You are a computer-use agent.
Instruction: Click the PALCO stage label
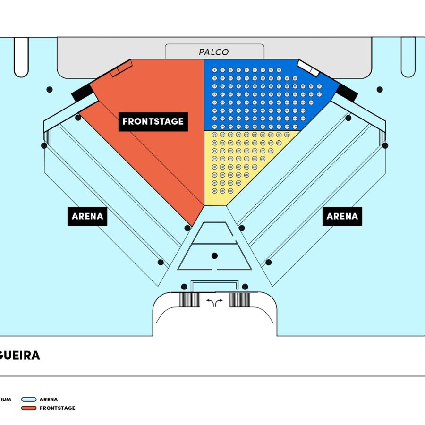[214, 52]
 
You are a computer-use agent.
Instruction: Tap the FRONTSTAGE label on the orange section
[153, 121]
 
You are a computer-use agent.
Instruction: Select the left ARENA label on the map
[87, 216]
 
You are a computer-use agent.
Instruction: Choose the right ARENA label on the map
[342, 216]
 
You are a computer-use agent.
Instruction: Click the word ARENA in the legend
[49, 399]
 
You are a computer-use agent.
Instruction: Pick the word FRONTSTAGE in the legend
[57, 408]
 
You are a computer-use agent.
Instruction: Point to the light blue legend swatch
[29, 399]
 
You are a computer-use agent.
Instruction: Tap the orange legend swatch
[29, 408]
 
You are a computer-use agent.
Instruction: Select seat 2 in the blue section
[214, 70]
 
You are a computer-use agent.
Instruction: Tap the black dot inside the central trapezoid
[215, 255]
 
